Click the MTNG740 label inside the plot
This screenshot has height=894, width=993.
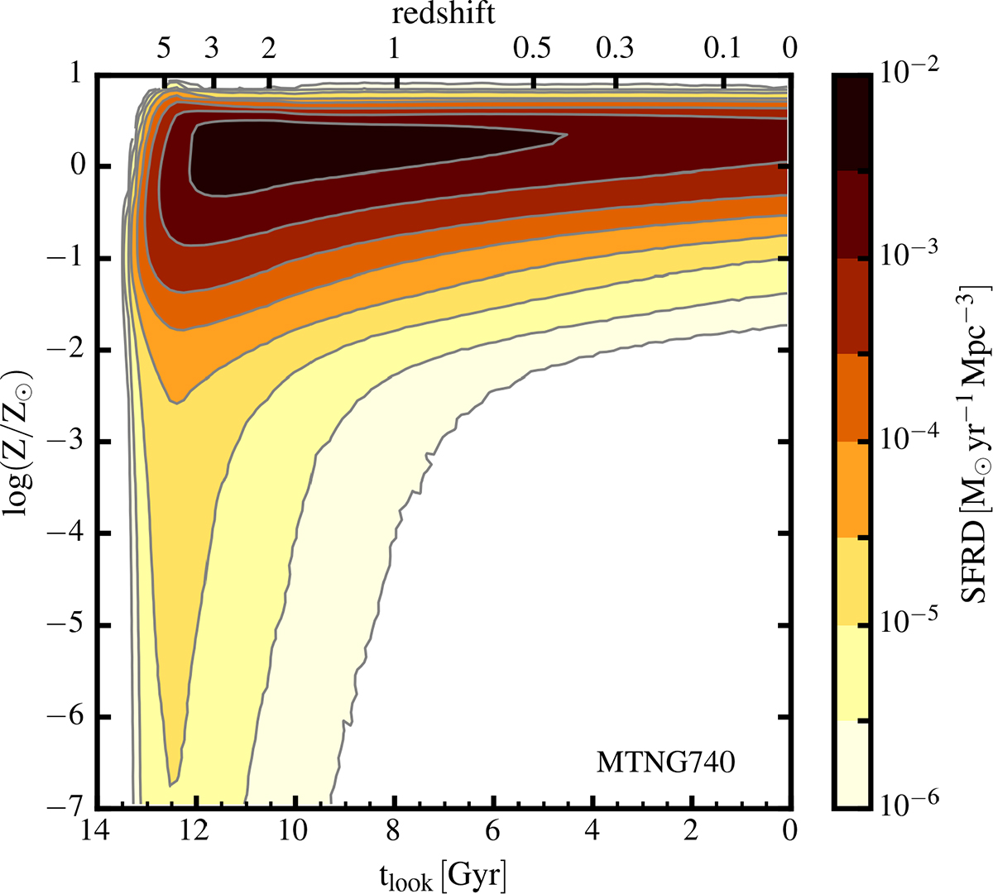pyautogui.click(x=665, y=762)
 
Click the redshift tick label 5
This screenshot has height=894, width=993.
pyautogui.click(x=164, y=50)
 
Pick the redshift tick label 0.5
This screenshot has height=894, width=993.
pyautogui.click(x=532, y=50)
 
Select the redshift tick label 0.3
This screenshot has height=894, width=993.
pyautogui.click(x=615, y=50)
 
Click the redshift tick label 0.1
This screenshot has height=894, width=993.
pyautogui.click(x=723, y=50)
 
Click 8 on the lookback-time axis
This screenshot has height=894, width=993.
pyautogui.click(x=394, y=829)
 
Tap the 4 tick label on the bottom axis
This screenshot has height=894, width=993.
pyautogui.click(x=592, y=829)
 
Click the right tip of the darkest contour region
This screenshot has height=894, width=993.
pyautogui.click(x=565, y=135)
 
